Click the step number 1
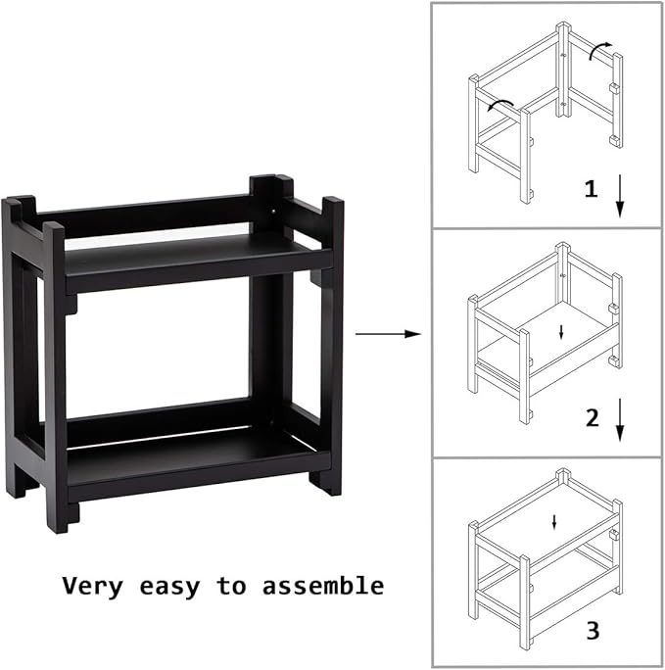pos(591,190)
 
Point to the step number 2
pos(591,418)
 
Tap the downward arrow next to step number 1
pos(620,197)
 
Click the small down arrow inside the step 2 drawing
pos(561,332)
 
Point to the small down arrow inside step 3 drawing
pos(554,521)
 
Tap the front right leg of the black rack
pos(331,343)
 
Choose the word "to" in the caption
pos(231,587)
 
